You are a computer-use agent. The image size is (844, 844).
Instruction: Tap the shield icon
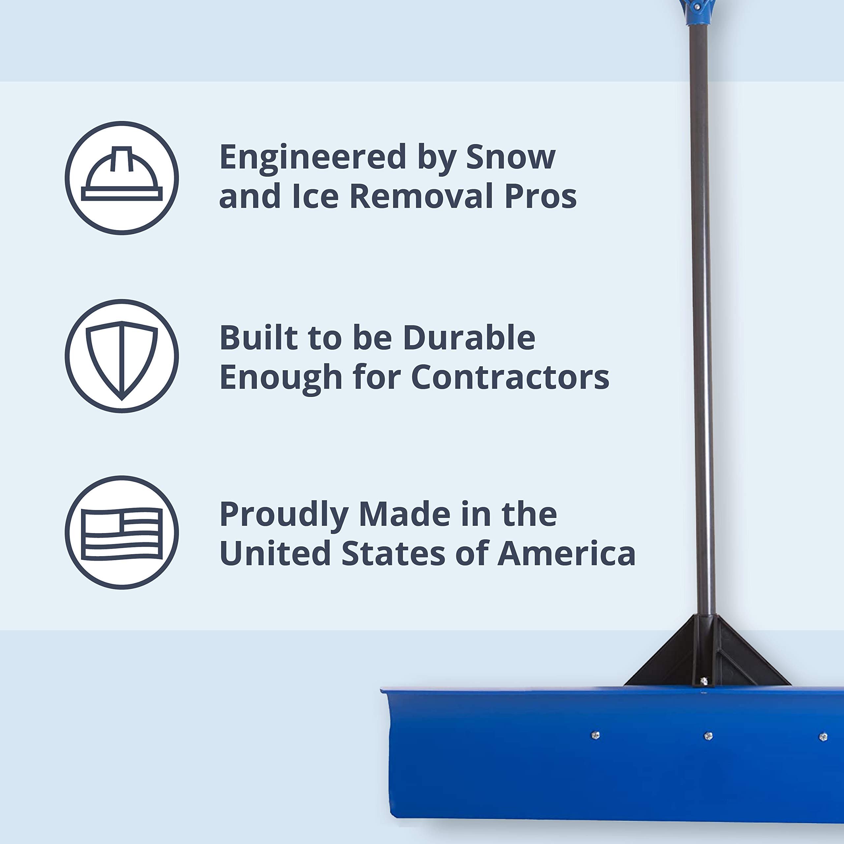click(122, 356)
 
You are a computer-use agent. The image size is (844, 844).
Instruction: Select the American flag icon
click(122, 533)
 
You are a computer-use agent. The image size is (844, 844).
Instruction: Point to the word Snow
click(510, 157)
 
